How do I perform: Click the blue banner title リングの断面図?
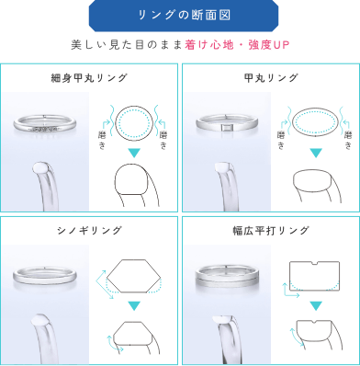pyautogui.click(x=184, y=15)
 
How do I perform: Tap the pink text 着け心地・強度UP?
pyautogui.click(x=237, y=45)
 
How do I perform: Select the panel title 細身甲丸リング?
pyautogui.click(x=89, y=78)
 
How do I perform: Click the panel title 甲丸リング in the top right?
pyautogui.click(x=271, y=78)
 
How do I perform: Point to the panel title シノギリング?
pyautogui.click(x=89, y=231)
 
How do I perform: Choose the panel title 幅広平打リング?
pyautogui.click(x=271, y=231)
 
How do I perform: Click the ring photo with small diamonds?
pyautogui.click(x=44, y=124)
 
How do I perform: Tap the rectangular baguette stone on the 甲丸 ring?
pyautogui.click(x=226, y=127)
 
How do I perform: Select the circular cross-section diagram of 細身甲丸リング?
pyautogui.click(x=134, y=122)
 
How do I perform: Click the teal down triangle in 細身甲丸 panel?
pyautogui.click(x=134, y=153)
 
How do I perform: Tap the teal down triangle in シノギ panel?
pyautogui.click(x=134, y=305)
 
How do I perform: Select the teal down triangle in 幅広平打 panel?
pyautogui.click(x=316, y=305)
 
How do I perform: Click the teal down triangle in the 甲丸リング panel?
pyautogui.click(x=316, y=153)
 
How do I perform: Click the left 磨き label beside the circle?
pyautogui.click(x=102, y=141)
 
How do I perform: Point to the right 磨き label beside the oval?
pyautogui.click(x=348, y=141)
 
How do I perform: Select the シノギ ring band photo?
pyautogui.click(x=45, y=275)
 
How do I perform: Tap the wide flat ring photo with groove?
pyautogui.click(x=227, y=275)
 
